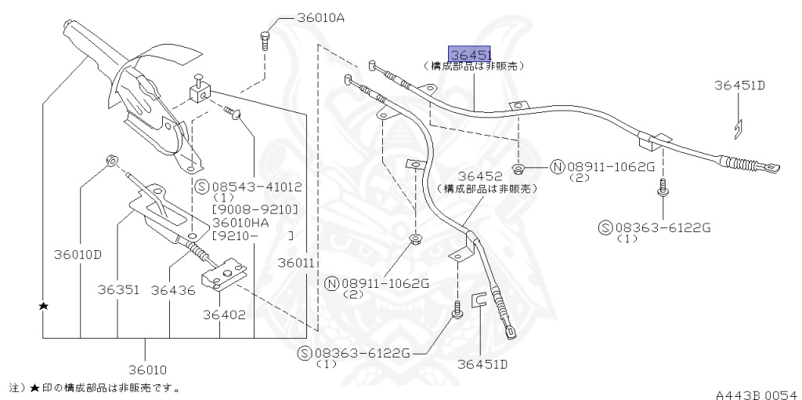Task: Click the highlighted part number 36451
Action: pyautogui.click(x=469, y=54)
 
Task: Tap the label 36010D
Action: pyautogui.click(x=78, y=254)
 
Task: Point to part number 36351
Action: pyautogui.click(x=118, y=289)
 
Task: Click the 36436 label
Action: pyautogui.click(x=172, y=289)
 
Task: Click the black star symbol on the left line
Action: pyautogui.click(x=45, y=305)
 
